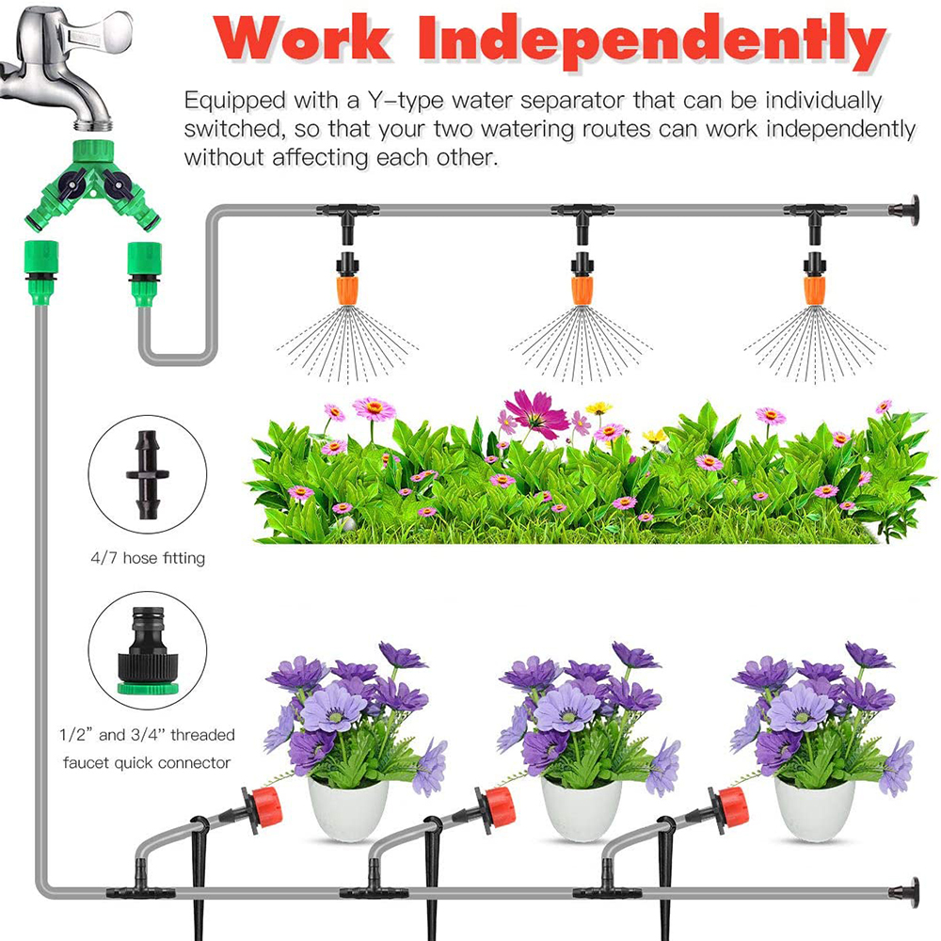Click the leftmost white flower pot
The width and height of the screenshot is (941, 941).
click(348, 809)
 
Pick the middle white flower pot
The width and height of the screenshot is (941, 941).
click(582, 809)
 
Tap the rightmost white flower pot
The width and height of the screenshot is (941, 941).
click(815, 809)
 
